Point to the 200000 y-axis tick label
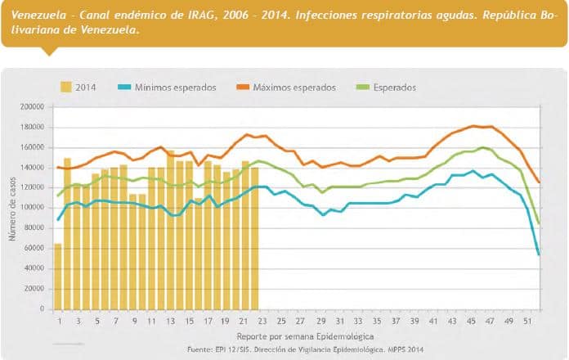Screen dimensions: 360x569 pos(30,106)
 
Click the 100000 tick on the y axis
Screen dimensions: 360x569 pos(30,207)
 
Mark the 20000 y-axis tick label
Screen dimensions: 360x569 pos(33,288)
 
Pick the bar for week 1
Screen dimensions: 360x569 pos(58,276)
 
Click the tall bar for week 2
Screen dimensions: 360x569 pos(67,233)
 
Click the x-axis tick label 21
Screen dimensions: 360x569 pos(244,320)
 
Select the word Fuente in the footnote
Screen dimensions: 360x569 pos(202,349)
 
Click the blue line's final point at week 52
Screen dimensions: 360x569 pos(539,254)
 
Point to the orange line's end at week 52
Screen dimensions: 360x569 pos(539,182)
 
